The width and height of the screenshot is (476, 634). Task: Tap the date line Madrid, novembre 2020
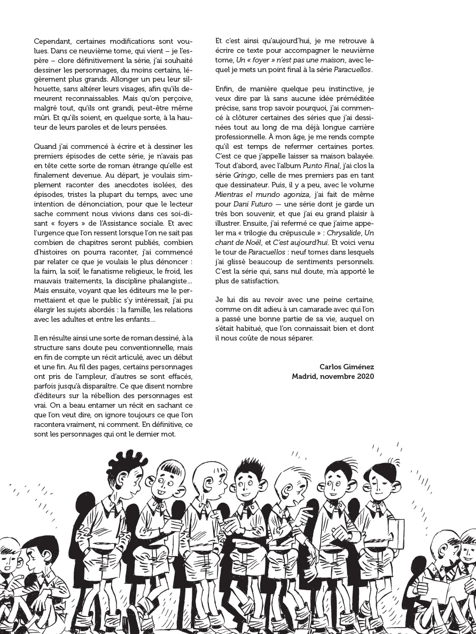[333, 376]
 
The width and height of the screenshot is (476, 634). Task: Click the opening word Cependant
[52, 41]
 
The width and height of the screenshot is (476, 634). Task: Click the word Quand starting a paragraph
[45, 146]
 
